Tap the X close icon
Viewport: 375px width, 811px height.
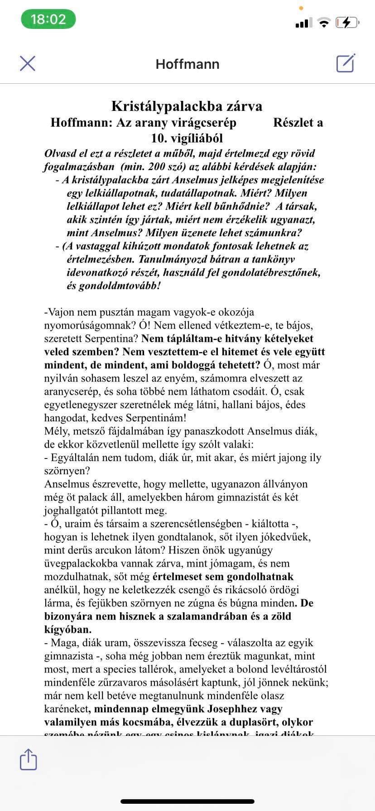(28, 63)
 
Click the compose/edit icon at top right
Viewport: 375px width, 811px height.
(346, 63)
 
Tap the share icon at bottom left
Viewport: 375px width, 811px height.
(28, 759)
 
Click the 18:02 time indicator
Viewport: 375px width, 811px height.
(48, 19)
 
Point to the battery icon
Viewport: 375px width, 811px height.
(347, 23)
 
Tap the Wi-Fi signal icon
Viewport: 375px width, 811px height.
(323, 23)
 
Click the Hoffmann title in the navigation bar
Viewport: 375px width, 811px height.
(187, 64)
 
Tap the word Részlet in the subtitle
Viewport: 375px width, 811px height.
(294, 123)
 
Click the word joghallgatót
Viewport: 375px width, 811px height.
(72, 510)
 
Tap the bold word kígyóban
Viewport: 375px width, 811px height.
(67, 630)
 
